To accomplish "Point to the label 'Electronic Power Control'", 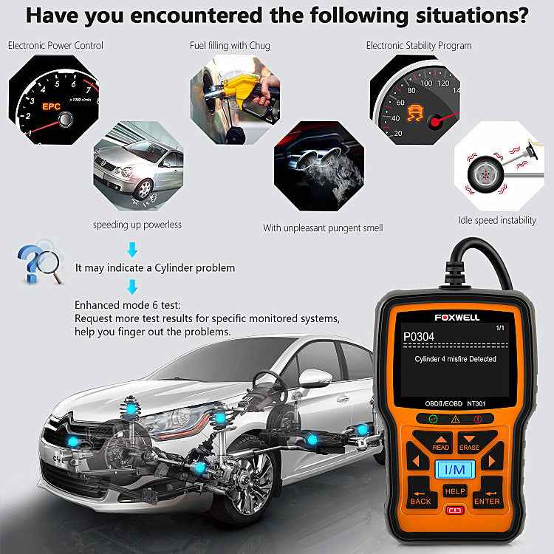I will point(56,45).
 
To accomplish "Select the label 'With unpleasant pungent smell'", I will point(323,228).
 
